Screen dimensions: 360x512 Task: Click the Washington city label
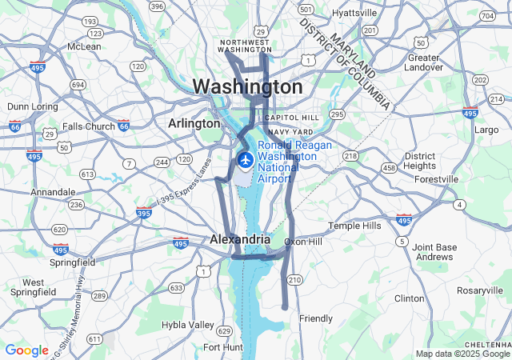click(247, 86)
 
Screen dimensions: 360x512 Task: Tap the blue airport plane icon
click(245, 161)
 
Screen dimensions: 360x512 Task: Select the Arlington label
click(194, 124)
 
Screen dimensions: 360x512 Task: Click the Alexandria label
click(240, 239)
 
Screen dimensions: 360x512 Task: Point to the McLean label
click(84, 46)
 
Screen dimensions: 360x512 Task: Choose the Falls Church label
click(89, 126)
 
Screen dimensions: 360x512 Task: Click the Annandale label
click(53, 192)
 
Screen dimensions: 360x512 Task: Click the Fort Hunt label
click(222, 347)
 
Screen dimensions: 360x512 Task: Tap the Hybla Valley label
click(188, 325)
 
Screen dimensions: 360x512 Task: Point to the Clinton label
click(410, 298)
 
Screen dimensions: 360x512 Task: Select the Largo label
click(486, 129)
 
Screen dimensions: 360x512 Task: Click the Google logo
click(26, 350)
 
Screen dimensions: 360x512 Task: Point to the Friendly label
click(316, 318)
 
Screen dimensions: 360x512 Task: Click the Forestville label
click(438, 180)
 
